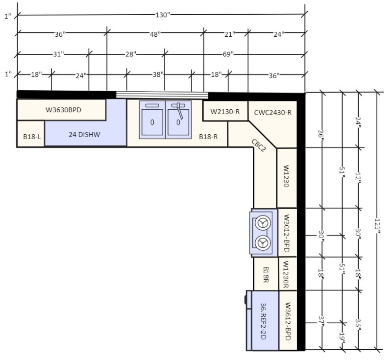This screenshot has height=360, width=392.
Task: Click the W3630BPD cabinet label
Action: [63, 110]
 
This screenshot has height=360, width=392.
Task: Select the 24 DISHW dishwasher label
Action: [84, 134]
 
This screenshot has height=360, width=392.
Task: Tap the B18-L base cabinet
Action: [31, 134]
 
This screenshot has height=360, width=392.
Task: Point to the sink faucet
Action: [179, 110]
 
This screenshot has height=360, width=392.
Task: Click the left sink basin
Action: [152, 122]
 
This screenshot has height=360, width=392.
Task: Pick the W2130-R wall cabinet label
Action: [225, 111]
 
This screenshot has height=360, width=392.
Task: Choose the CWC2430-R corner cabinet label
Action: [273, 113]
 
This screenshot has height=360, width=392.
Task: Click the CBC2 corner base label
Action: [259, 145]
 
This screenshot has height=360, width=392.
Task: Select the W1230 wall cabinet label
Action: [287, 176]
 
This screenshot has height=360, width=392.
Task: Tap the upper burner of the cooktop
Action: [263, 222]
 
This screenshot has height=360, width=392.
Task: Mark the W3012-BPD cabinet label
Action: [287, 233]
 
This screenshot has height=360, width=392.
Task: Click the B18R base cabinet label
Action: [266, 275]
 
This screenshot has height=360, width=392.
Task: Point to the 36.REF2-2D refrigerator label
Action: [263, 321]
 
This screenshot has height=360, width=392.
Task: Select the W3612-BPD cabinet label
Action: [288, 321]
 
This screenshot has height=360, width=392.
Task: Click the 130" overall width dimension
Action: [163, 15]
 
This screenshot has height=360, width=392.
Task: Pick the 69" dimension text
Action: [228, 54]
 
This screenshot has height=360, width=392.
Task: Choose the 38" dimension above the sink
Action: [158, 74]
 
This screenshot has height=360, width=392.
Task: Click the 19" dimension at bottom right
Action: [342, 337]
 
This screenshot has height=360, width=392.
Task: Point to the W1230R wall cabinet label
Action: [286, 274]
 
